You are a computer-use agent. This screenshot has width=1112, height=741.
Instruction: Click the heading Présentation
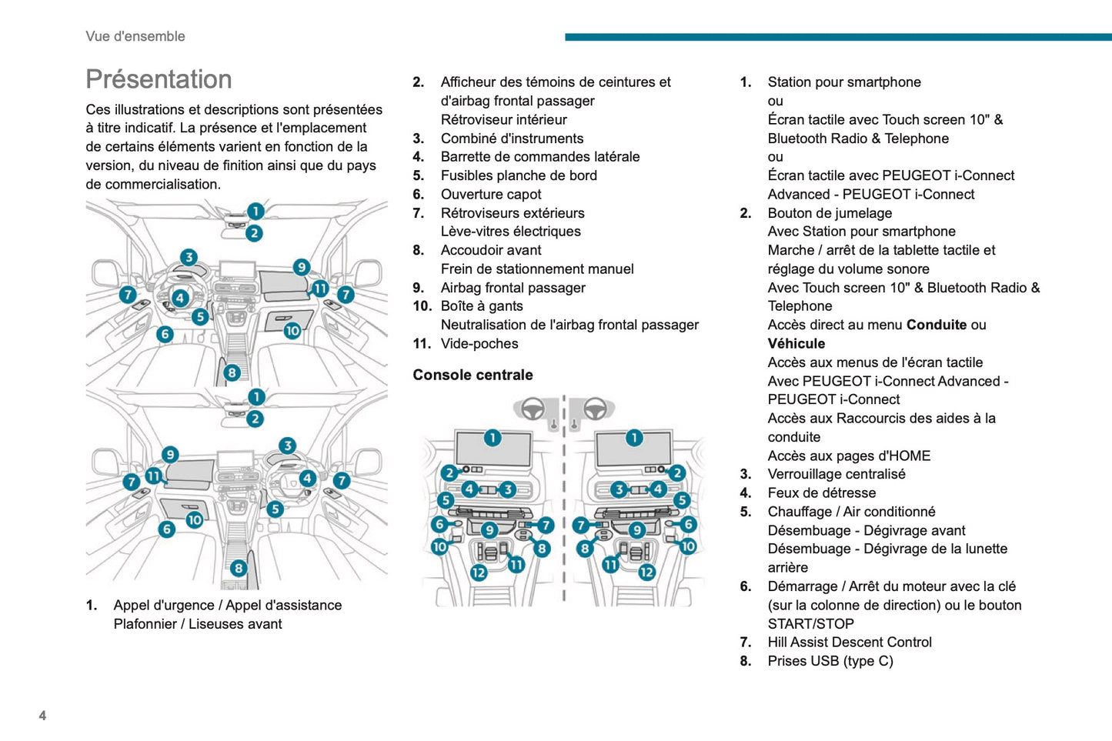pos(159,79)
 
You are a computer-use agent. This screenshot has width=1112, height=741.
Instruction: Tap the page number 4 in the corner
pos(42,716)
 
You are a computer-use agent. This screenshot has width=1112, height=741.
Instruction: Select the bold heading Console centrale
pos(473,375)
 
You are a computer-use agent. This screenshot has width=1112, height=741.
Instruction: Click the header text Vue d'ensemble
pos(135,36)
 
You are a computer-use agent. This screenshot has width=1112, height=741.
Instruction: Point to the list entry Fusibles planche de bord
pos(519,175)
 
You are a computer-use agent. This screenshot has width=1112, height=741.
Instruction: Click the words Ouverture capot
pos(491,194)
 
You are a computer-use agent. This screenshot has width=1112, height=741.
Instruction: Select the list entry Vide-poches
pos(479,344)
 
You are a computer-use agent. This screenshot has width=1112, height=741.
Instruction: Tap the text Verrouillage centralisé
pos(837,474)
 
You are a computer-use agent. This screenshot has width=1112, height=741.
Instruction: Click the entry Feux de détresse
pos(822,492)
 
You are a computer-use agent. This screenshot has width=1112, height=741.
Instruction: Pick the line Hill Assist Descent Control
pos(850,642)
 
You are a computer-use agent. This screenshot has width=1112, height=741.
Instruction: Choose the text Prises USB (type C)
pos(830,661)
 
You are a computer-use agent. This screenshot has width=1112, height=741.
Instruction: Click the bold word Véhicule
pos(796,344)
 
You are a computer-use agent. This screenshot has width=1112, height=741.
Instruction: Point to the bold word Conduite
pos(936,325)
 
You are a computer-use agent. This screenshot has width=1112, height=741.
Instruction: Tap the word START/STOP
pos(811,624)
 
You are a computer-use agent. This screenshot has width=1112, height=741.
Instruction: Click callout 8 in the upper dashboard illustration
pos(232,373)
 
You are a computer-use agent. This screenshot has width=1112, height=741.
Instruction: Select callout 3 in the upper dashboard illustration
pos(189,257)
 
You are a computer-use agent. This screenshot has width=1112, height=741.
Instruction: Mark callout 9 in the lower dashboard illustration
pos(170,455)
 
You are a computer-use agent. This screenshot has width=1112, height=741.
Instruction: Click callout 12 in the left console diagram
pos(479,572)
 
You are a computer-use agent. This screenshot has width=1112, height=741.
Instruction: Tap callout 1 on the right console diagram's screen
pos(634,438)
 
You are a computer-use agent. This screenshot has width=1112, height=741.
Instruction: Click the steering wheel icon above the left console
pos(533,409)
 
